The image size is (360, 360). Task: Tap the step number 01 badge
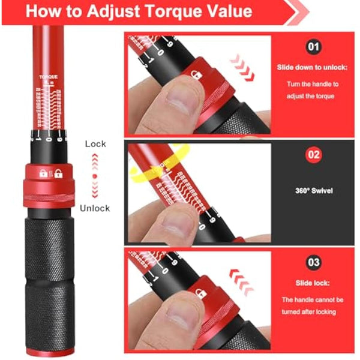click(313, 46)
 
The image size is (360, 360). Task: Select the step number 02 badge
click(313, 154)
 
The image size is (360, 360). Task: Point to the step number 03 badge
click(313, 262)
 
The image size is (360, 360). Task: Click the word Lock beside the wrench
click(95, 144)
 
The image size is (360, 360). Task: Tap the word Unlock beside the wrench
click(95, 208)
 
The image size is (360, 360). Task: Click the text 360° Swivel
click(313, 191)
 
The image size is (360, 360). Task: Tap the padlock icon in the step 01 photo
click(196, 74)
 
